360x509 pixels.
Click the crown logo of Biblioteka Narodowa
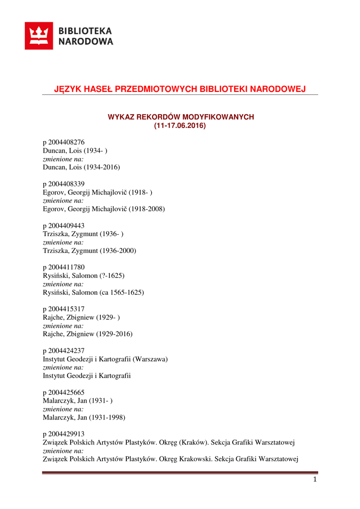tap(39, 36)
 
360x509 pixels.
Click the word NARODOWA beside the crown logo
tap(86, 42)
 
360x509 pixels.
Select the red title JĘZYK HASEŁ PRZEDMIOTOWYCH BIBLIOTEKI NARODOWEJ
tap(180, 89)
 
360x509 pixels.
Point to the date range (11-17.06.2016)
tap(180, 126)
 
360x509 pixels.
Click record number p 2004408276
tap(67, 142)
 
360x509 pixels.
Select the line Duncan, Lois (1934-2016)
tap(82, 168)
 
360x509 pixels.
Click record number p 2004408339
tap(67, 184)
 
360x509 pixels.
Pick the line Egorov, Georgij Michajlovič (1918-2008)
tap(104, 209)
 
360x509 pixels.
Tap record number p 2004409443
tap(67, 226)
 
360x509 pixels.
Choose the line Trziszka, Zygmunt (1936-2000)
tap(90, 251)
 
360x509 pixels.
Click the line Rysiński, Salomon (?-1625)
tap(84, 276)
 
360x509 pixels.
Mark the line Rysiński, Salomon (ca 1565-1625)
tap(93, 293)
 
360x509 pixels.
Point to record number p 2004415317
tap(67, 309)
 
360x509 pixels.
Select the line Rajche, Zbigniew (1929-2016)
tap(88, 335)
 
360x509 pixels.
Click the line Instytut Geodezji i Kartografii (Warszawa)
tap(105, 359)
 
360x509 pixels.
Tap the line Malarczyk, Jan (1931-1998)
tap(84, 418)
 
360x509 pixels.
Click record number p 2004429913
tap(67, 434)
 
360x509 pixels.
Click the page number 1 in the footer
tap(315, 480)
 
